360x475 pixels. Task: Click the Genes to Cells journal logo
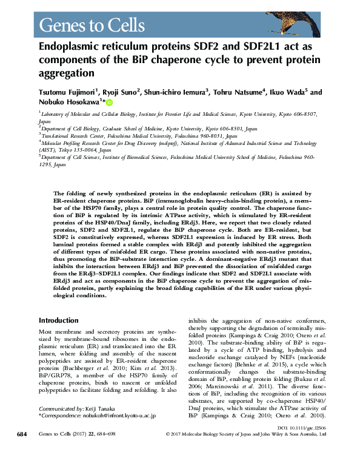click(92, 25)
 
